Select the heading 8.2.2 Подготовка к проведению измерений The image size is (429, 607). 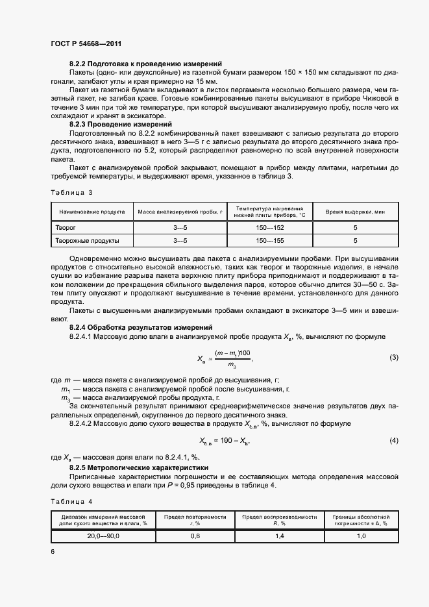[146, 64]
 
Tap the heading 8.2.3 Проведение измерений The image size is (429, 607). [121, 123]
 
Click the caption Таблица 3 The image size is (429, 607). [71, 192]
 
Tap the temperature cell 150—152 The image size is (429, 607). [270, 228]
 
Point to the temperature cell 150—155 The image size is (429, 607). [270, 240]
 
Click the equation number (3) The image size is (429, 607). [393, 358]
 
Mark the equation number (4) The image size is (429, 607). [393, 441]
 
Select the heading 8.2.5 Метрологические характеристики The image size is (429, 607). [138, 467]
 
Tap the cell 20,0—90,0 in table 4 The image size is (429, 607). [103, 536]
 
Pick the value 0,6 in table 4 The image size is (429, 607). [195, 536]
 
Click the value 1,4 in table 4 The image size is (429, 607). [279, 536]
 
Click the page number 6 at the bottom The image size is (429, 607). [53, 551]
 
